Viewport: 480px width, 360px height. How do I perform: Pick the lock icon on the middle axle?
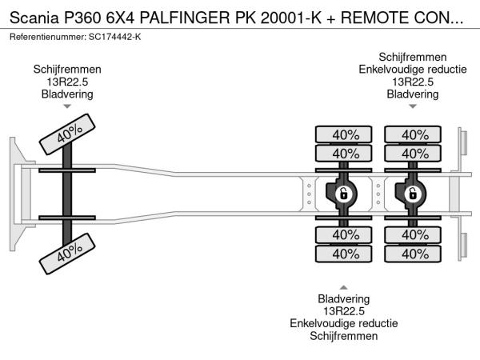pos(342,194)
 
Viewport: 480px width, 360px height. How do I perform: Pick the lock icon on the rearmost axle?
pos(413,194)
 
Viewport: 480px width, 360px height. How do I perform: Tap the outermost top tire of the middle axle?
pos(345,134)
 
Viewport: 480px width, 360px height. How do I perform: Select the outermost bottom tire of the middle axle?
pos(345,254)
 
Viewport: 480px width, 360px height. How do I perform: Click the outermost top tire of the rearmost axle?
pos(414,134)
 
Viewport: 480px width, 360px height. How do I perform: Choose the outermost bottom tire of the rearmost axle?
pos(414,254)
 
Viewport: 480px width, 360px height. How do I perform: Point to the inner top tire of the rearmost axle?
pos(414,153)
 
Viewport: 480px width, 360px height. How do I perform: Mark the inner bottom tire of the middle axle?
pos(345,235)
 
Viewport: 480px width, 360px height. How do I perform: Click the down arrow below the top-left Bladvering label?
pos(67,106)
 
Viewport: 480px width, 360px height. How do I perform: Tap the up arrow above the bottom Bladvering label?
pos(345,286)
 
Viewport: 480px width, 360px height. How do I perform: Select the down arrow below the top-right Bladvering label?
pos(413,106)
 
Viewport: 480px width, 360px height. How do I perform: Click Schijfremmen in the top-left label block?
pos(67,70)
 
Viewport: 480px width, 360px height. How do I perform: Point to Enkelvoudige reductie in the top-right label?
pos(413,70)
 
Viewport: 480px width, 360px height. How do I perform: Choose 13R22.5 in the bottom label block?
pos(345,311)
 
